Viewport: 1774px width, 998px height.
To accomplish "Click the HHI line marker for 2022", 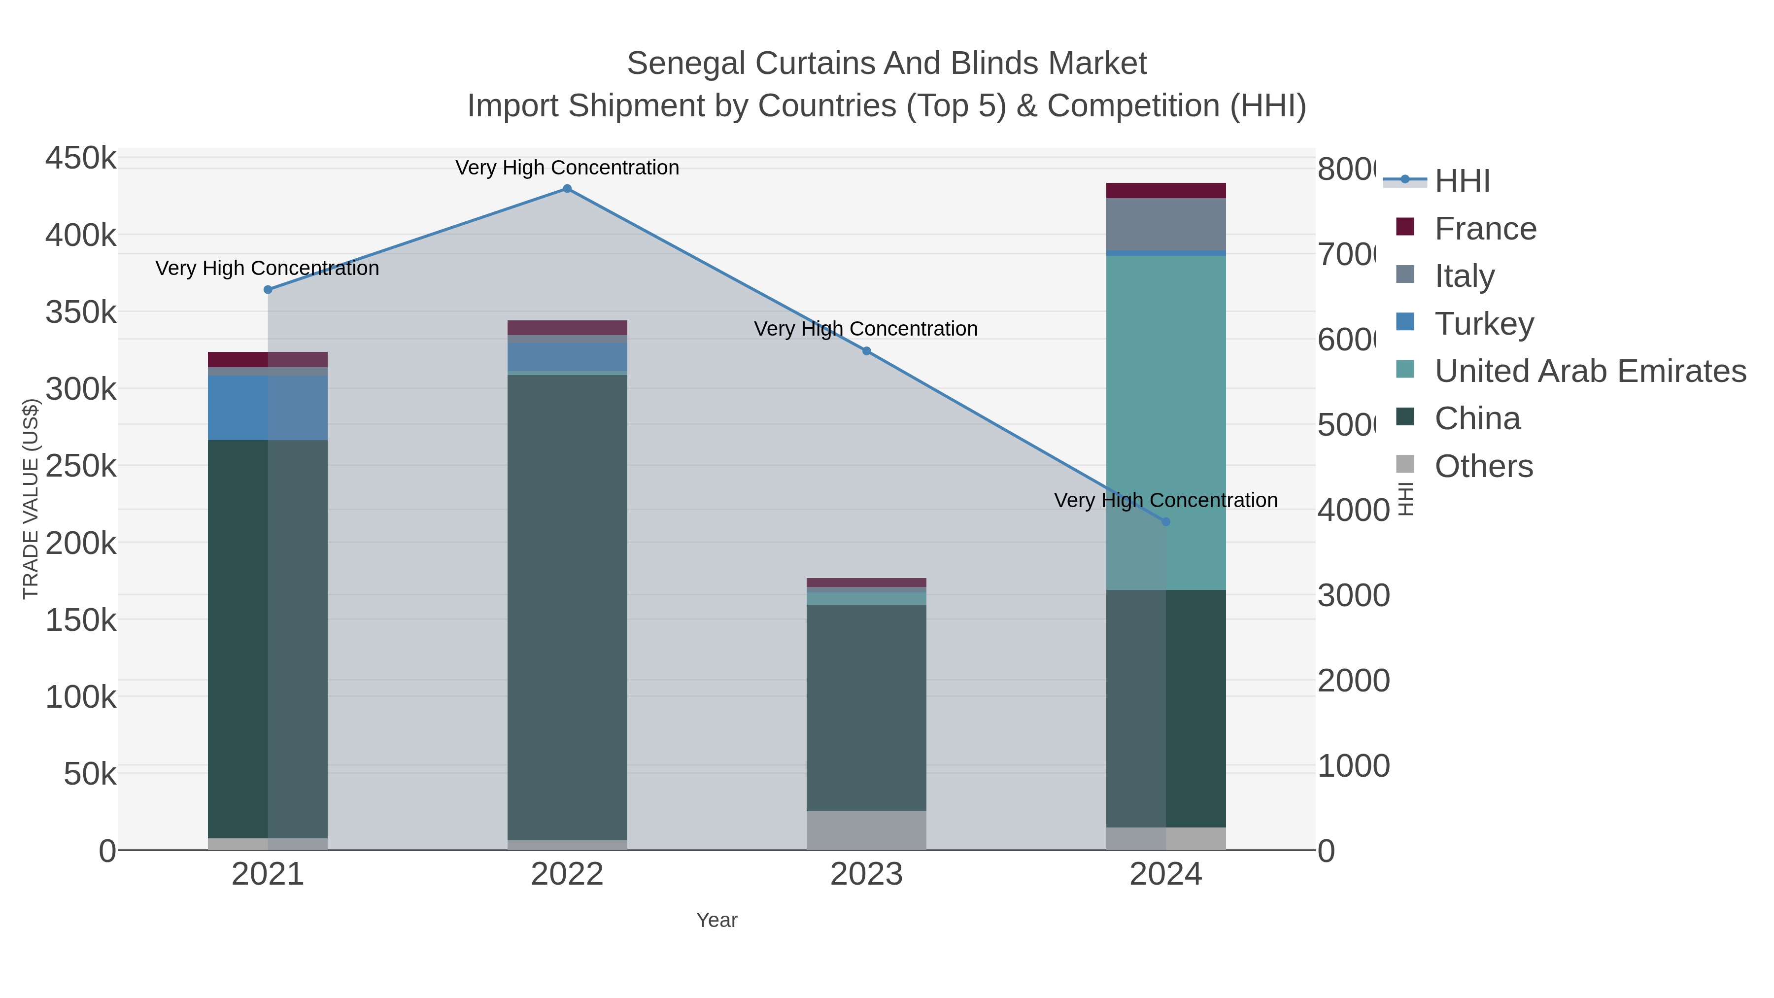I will pyautogui.click(x=567, y=189).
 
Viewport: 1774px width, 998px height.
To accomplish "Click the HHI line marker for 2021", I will pyautogui.click(x=268, y=290).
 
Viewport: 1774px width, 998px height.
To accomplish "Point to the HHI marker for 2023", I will pyautogui.click(x=866, y=351).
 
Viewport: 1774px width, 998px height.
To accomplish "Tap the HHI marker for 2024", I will pyautogui.click(x=1165, y=522).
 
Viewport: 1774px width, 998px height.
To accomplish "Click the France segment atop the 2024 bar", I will pyautogui.click(x=1165, y=191).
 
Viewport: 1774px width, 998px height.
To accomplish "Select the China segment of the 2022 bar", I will pyautogui.click(x=567, y=606).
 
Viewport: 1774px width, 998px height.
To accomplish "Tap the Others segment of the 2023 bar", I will pyautogui.click(x=866, y=830).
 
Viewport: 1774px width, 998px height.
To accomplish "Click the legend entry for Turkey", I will pyautogui.click(x=1484, y=324).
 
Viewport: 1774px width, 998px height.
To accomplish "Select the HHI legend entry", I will pyautogui.click(x=1462, y=181).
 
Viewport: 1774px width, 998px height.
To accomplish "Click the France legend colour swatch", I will pyautogui.click(x=1405, y=227).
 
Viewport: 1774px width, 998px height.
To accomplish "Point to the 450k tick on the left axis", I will pyautogui.click(x=81, y=158).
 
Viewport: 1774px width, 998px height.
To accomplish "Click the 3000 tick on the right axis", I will pyautogui.click(x=1353, y=596).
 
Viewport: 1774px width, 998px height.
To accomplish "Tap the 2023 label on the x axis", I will pyautogui.click(x=866, y=875).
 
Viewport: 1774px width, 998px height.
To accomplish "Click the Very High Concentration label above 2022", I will pyautogui.click(x=567, y=168).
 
